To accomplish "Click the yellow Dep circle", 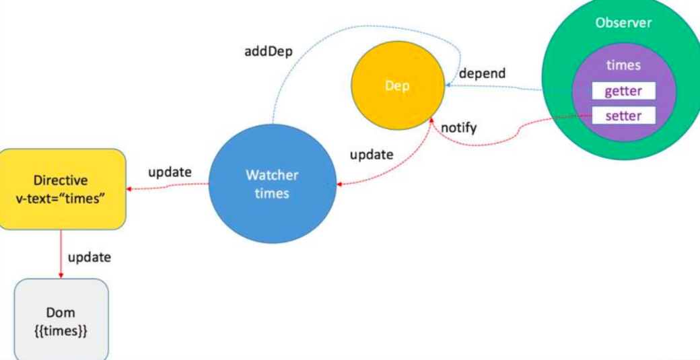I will click(x=398, y=86).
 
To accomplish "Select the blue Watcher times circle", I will click(x=272, y=184).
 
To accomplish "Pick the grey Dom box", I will click(x=61, y=320).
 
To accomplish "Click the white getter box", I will click(x=623, y=92).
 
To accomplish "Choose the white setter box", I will click(x=623, y=116).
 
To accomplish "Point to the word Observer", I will click(x=623, y=23).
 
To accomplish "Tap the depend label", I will click(x=482, y=73).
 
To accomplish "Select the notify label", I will click(x=458, y=127).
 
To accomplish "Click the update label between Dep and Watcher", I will click(x=371, y=154).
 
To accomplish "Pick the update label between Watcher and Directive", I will click(x=170, y=172).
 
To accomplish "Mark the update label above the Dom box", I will click(x=90, y=257).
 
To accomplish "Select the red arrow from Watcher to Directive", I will click(x=168, y=188).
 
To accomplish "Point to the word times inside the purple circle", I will click(x=623, y=65).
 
